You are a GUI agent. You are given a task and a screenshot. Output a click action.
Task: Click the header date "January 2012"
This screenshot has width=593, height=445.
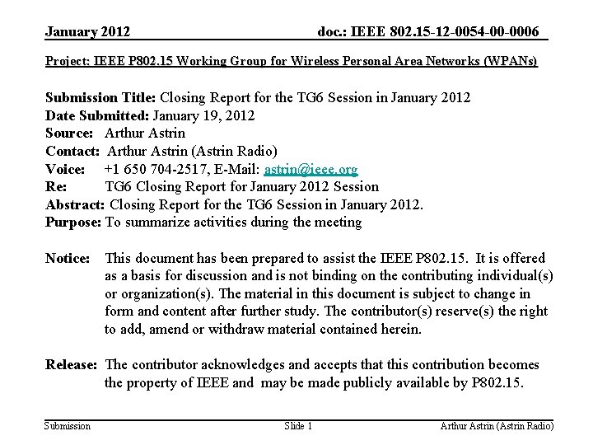pos(87,32)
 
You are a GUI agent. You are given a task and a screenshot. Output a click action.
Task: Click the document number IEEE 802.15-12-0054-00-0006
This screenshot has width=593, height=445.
pos(428,32)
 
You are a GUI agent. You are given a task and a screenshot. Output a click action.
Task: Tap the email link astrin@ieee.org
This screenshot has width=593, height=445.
pos(311,170)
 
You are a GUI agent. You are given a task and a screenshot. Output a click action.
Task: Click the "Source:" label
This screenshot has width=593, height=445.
pos(72,133)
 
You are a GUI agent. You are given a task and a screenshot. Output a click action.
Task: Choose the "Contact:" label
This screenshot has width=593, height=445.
pos(73,151)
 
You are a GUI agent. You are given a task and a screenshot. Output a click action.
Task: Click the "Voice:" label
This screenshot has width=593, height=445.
pos(66,169)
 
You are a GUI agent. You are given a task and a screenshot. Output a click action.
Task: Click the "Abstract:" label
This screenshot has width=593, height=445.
pos(76,204)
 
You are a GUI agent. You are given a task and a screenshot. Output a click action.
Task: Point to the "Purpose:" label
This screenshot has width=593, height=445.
pos(73,222)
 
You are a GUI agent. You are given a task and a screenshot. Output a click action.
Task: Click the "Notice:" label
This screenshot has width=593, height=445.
pos(68,259)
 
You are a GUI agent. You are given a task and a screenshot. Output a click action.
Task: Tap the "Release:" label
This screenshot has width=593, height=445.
pos(72,364)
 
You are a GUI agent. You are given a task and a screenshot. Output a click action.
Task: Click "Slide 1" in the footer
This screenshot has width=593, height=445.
pos(297,426)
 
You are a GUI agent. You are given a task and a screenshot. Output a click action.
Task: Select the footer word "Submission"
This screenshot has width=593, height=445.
pos(68,426)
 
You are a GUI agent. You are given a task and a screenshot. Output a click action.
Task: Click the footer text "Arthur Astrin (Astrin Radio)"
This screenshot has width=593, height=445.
pos(497,426)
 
